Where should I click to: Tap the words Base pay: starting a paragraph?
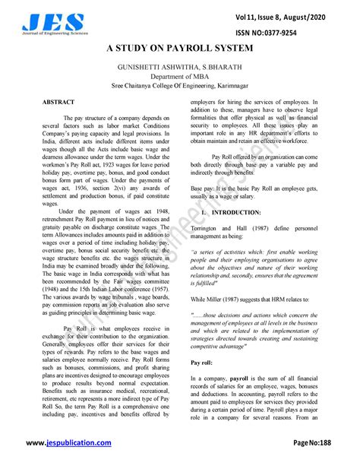[x=203, y=187]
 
